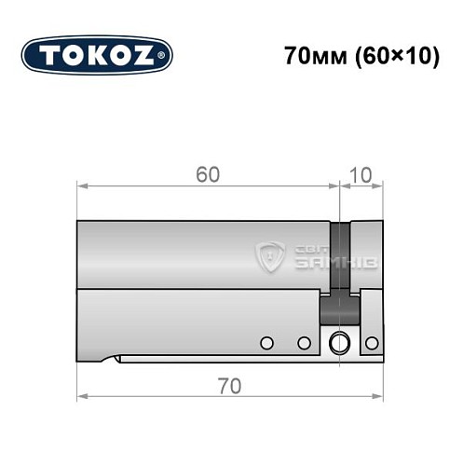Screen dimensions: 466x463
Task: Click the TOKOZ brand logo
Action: click(x=97, y=54)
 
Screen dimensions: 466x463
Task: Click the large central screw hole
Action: click(x=340, y=342)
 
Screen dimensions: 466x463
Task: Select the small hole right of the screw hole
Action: click(x=371, y=343)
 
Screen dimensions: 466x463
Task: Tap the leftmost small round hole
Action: click(x=266, y=343)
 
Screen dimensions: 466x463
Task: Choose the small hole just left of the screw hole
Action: click(x=304, y=343)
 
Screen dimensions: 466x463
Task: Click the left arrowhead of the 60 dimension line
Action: click(x=81, y=186)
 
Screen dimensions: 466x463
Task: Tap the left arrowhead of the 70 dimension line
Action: click(x=81, y=395)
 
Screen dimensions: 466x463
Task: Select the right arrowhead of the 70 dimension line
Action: click(x=378, y=395)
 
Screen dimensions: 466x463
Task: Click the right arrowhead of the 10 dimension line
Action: click(x=378, y=186)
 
